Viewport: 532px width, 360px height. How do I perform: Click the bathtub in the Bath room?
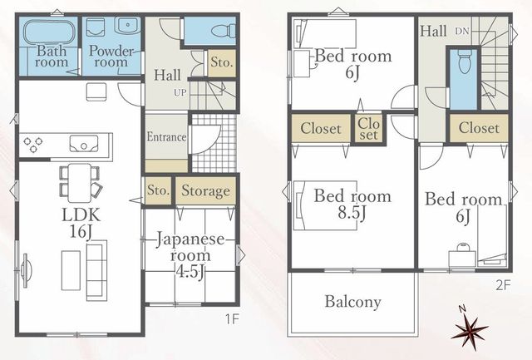pos(49,32)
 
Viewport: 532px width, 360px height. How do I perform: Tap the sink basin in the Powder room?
pos(127,25)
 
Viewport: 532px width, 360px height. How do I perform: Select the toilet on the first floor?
pos(224,31)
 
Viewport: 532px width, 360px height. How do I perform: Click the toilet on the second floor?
pos(464,62)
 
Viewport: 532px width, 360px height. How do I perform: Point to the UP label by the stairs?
pos(180,92)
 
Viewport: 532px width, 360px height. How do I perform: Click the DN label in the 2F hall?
pos(462,32)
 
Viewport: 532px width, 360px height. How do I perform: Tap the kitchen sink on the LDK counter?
pos(84,144)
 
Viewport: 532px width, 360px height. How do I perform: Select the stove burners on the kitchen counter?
pos(33,144)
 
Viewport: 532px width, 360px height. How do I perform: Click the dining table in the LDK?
pos(80,183)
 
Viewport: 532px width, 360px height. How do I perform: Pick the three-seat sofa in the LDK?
pos(96,270)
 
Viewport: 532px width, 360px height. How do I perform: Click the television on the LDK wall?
pos(26,270)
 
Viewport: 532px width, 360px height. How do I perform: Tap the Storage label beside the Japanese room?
pos(205,190)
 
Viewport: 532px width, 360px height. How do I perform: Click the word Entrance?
pos(166,136)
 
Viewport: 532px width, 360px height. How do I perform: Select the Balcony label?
pos(352,302)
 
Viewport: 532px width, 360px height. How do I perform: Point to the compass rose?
pos(470,330)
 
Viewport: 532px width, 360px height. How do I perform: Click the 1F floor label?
pos(233,319)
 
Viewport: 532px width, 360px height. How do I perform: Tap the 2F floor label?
pos(503,285)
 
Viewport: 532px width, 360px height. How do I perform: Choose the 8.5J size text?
pos(352,213)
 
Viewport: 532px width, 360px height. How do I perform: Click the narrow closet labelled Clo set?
pos(368,129)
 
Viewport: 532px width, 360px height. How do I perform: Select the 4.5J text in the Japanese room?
pos(190,271)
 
